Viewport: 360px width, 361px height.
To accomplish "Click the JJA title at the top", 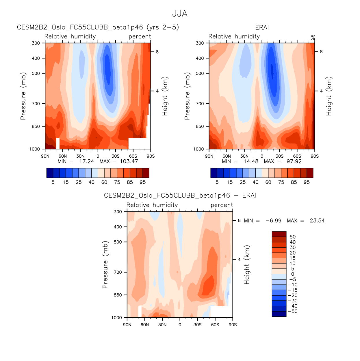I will pyautogui.click(x=180, y=14).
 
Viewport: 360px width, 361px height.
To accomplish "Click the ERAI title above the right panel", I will pyautogui.click(x=262, y=27).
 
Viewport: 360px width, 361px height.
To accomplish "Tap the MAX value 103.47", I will pyautogui.click(x=129, y=161).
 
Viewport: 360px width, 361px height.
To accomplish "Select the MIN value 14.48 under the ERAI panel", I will pyautogui.click(x=251, y=161).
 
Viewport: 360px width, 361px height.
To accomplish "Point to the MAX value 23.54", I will pyautogui.click(x=317, y=221).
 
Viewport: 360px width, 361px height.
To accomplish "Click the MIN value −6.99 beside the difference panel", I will pyautogui.click(x=273, y=221).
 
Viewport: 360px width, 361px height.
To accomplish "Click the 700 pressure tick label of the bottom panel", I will pyautogui.click(x=118, y=272).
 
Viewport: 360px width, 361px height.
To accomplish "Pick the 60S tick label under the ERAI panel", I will pyautogui.click(x=297, y=156).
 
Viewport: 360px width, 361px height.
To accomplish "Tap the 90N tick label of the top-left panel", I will pyautogui.click(x=45, y=156).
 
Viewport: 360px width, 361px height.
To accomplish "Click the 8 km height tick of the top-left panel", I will pyautogui.click(x=157, y=52).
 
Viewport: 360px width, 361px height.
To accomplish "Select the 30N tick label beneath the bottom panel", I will pyautogui.click(x=162, y=325).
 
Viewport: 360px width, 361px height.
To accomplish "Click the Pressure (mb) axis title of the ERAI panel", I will pyautogui.click(x=187, y=96).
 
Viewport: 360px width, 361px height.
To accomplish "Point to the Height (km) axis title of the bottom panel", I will pyautogui.click(x=247, y=265).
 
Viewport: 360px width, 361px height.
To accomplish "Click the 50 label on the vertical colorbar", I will pyautogui.click(x=293, y=237).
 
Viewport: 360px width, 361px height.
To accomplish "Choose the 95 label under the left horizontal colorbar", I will pyautogui.click(x=143, y=182).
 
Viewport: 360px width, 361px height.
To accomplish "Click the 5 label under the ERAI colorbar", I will pyautogui.click(x=217, y=182).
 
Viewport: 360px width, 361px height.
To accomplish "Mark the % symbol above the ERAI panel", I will pyautogui.click(x=313, y=38).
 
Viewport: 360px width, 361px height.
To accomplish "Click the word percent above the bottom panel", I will pyautogui.click(x=222, y=205).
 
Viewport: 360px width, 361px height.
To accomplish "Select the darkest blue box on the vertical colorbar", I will pyautogui.click(x=279, y=314).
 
